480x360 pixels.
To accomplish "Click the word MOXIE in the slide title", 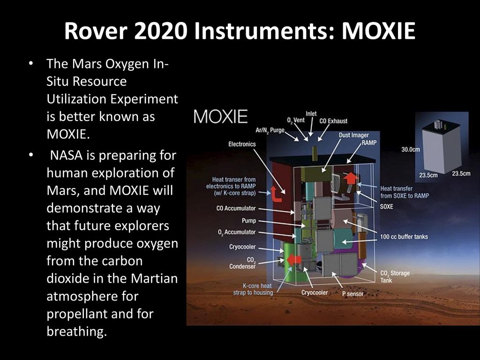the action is (378, 30).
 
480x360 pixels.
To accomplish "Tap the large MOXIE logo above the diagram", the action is (220, 116).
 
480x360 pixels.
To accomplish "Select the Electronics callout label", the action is (242, 144).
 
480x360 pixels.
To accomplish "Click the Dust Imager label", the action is (353, 135).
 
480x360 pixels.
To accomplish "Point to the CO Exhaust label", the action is (333, 121).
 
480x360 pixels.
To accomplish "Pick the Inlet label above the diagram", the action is (311, 113).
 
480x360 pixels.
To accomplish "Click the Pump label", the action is (248, 220).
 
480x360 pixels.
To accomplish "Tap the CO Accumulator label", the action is (236, 208).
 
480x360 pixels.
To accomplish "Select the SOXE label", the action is (386, 206).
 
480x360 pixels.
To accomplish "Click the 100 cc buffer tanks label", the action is (404, 237).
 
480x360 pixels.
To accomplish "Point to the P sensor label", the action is (352, 294).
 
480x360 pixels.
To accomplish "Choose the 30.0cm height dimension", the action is (411, 150).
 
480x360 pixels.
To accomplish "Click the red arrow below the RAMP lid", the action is (351, 178).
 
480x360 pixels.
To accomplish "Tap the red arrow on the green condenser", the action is (294, 260).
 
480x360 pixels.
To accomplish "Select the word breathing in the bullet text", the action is (77, 331).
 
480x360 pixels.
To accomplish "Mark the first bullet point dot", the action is (30, 64).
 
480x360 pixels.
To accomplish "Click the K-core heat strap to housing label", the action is (253, 289).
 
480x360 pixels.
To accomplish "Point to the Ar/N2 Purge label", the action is (270, 130).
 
